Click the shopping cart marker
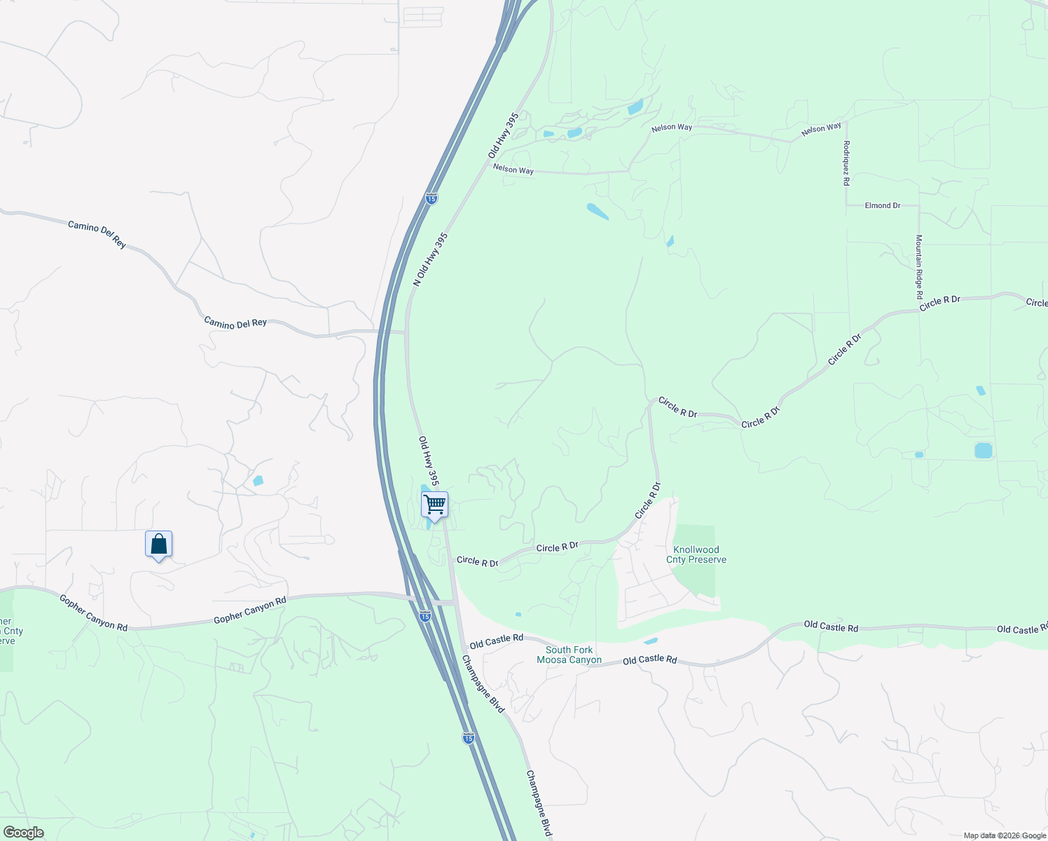pyautogui.click(x=434, y=505)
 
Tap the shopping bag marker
pyautogui.click(x=159, y=545)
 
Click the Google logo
pyautogui.click(x=23, y=833)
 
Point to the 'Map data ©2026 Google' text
pyautogui.click(x=1005, y=835)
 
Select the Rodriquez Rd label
pyautogui.click(x=847, y=163)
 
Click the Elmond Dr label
pyautogui.click(x=883, y=205)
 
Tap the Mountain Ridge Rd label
pyautogui.click(x=919, y=267)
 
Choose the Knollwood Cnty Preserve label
pyautogui.click(x=696, y=554)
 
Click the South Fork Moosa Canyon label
pyautogui.click(x=569, y=655)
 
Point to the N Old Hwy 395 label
pyautogui.click(x=430, y=259)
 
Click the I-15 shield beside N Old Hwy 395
pyautogui.click(x=431, y=199)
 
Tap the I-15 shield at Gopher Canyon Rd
pyautogui.click(x=425, y=616)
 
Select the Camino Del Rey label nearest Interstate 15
pyautogui.click(x=235, y=322)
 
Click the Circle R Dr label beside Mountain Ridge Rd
pyautogui.click(x=939, y=301)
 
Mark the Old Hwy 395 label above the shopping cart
pyautogui.click(x=429, y=461)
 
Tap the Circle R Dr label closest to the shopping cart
pyautogui.click(x=477, y=561)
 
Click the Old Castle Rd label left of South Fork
pyautogui.click(x=497, y=640)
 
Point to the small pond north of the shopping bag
pyautogui.click(x=258, y=481)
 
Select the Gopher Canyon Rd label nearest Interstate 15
pyautogui.click(x=250, y=610)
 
